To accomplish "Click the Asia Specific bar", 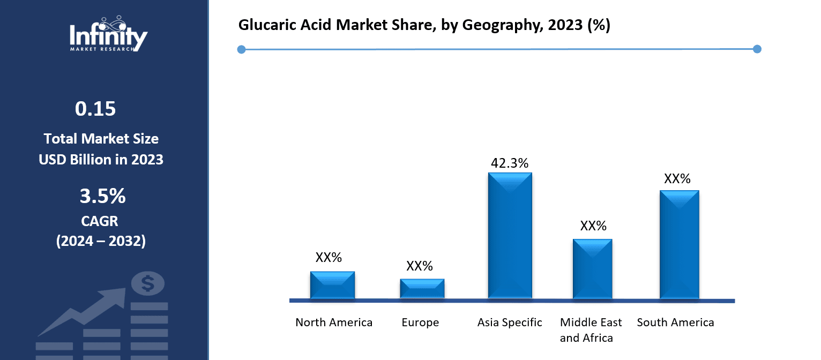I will click(x=510, y=236).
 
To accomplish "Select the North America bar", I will click(x=332, y=285).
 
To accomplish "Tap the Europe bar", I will click(x=422, y=289).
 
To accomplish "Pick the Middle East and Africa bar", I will click(x=592, y=269).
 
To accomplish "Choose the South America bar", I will click(x=679, y=245).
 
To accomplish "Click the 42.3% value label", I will click(x=510, y=163).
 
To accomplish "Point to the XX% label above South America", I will click(x=677, y=179).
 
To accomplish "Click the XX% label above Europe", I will click(x=420, y=266).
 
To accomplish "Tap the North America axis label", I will click(x=334, y=322).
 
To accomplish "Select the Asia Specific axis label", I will click(x=510, y=322).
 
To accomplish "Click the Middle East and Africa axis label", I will click(x=591, y=330).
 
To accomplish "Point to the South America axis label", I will click(x=675, y=322).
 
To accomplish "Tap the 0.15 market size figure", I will click(x=95, y=109).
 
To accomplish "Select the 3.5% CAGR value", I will click(x=102, y=197).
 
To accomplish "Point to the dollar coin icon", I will click(x=147, y=283).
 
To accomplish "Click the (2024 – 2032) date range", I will click(x=101, y=241).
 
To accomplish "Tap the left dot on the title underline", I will click(x=241, y=50).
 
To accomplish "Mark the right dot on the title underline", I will click(x=757, y=49).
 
